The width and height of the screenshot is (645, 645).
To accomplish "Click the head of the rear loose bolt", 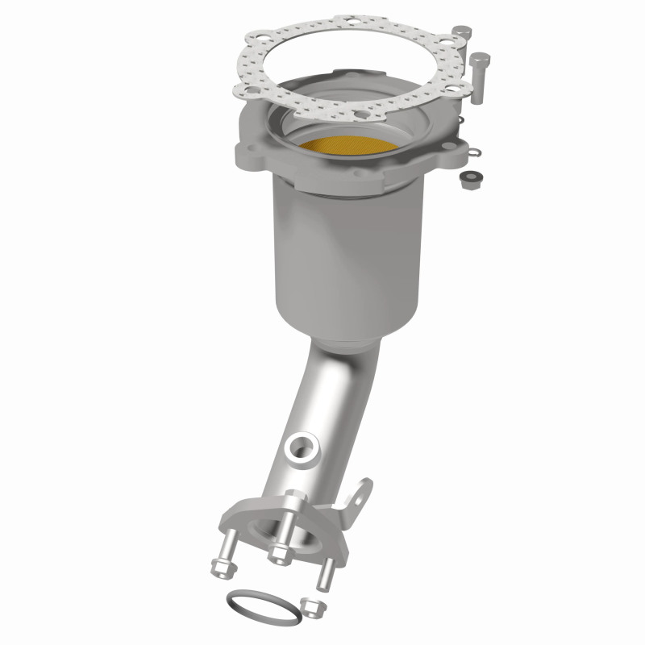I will tap(461, 32).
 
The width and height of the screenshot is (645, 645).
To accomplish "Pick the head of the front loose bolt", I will tap(479, 57).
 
